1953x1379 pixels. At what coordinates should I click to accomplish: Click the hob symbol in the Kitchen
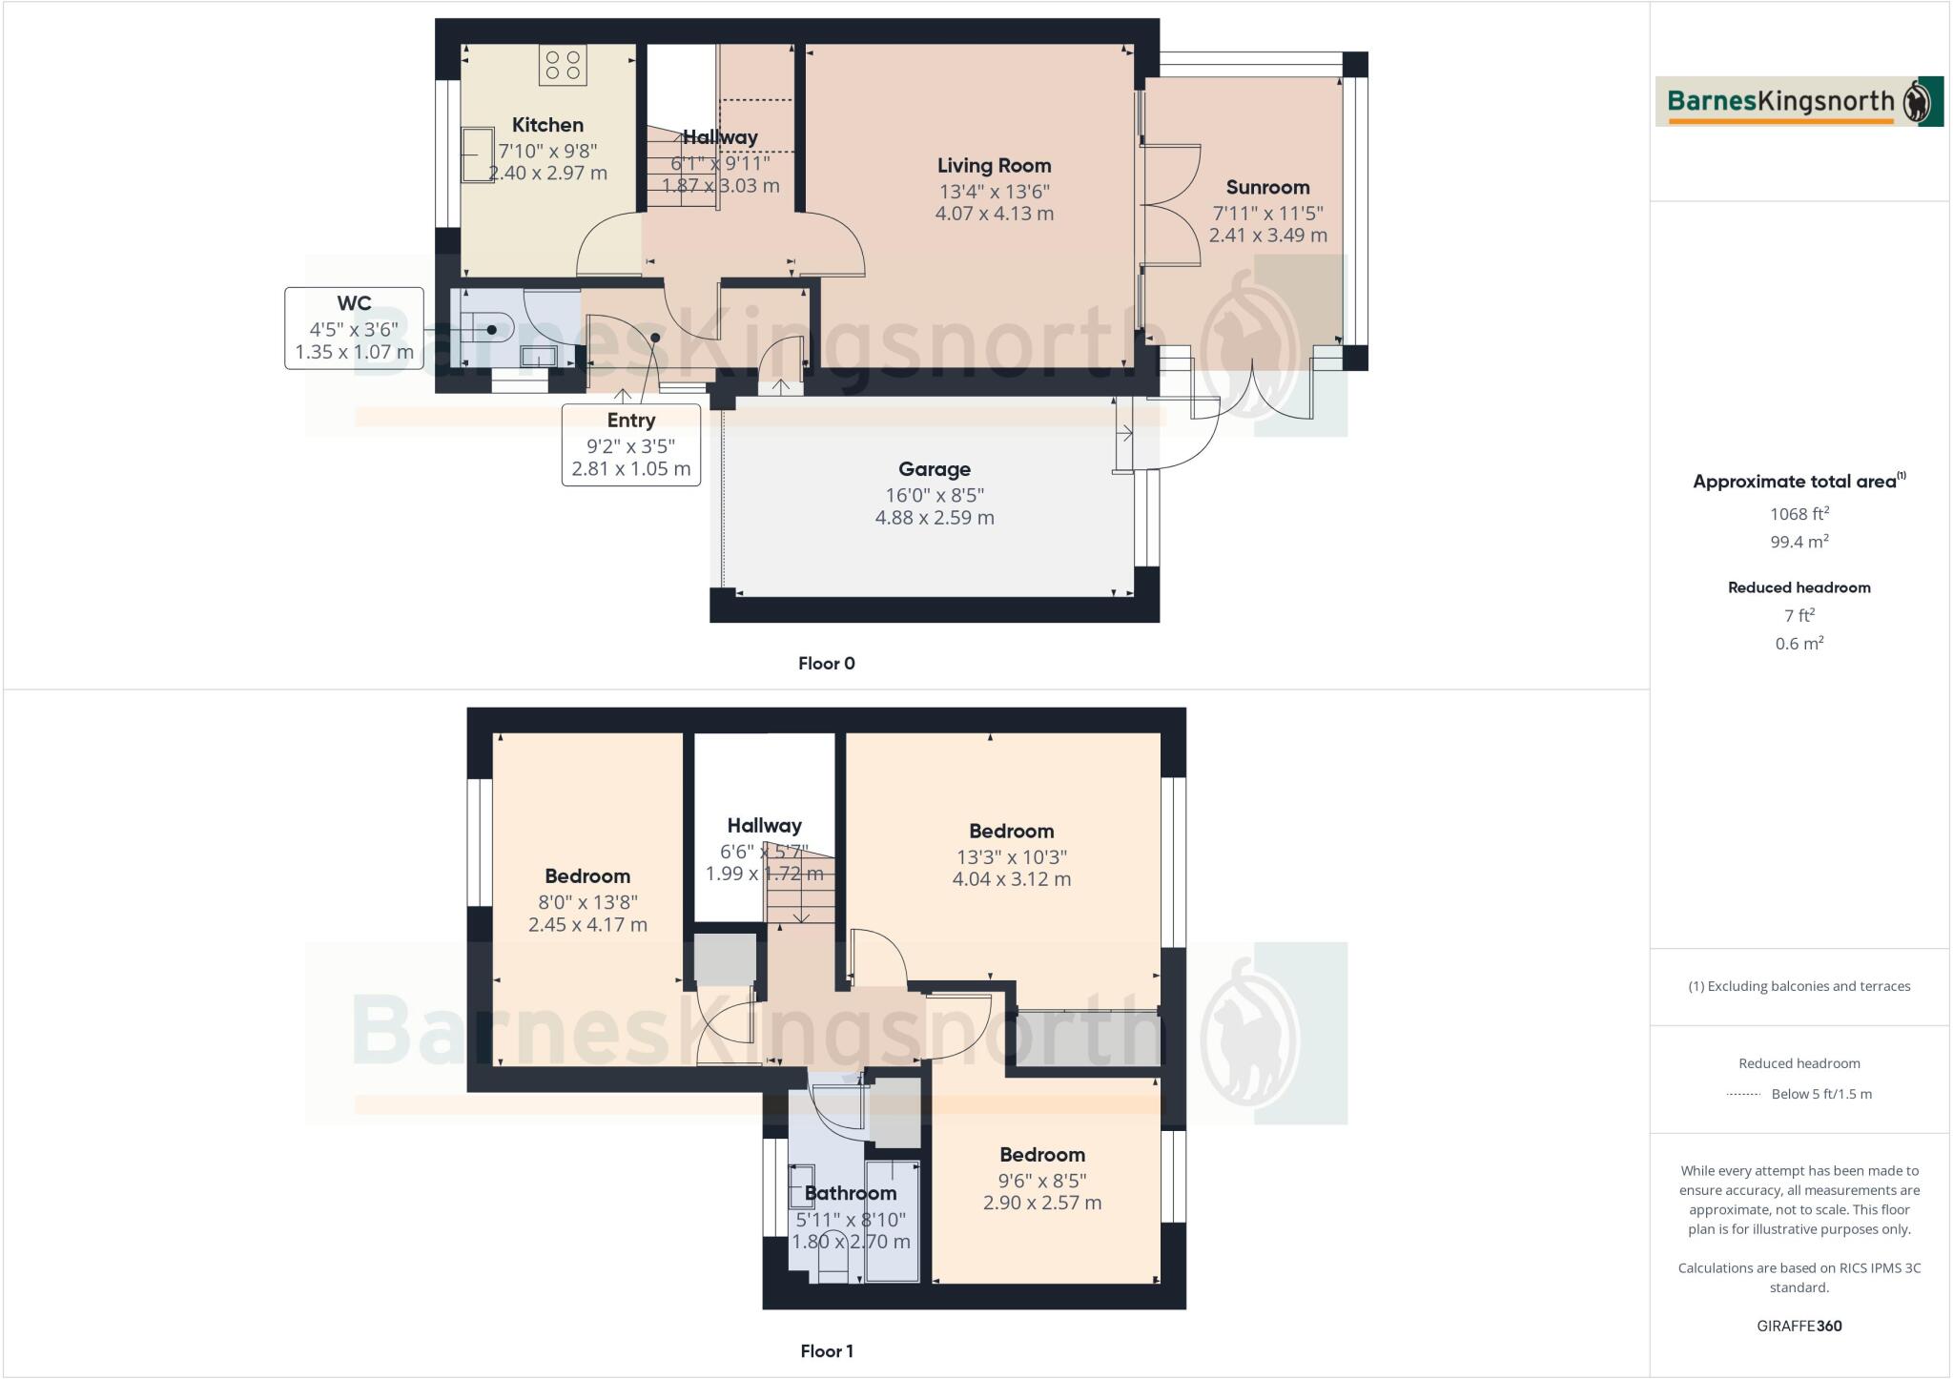563,65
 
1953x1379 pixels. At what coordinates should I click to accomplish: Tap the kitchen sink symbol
477,155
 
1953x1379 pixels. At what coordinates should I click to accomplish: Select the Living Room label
994,166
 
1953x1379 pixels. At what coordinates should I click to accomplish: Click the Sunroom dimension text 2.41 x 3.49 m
1267,235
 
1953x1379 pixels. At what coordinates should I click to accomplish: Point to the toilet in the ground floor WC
488,330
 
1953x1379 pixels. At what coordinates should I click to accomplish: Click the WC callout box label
354,304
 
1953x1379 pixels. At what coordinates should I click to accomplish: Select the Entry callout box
630,444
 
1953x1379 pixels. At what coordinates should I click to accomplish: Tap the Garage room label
934,469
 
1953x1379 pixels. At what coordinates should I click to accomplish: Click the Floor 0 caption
826,664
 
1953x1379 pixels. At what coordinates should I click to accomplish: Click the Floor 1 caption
826,1350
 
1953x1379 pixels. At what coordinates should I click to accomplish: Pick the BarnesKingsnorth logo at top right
1799,101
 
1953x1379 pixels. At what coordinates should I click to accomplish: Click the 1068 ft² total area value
1799,514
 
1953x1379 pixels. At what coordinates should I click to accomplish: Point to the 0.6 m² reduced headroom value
1799,644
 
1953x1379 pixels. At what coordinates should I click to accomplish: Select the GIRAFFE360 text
1799,1326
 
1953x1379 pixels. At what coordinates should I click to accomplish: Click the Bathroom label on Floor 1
851,1193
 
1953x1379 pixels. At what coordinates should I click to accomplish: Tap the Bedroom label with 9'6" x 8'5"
1041,1155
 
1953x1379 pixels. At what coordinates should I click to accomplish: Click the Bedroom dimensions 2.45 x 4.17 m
587,924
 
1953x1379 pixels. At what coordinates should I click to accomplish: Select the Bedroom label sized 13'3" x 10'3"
1011,832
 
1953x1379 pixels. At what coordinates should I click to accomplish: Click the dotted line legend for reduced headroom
1743,1095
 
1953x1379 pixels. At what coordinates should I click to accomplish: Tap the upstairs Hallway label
764,826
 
